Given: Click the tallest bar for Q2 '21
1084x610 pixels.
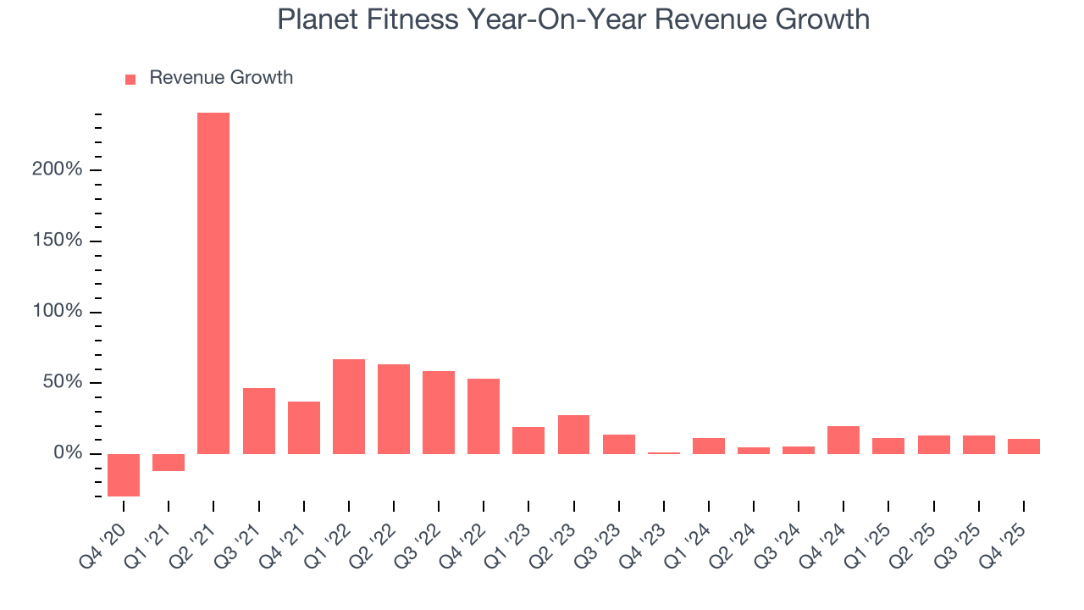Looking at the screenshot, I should (x=213, y=283).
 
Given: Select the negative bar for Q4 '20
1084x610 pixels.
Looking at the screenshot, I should (x=124, y=474).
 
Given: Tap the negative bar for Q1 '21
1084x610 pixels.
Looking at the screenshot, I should (x=169, y=463).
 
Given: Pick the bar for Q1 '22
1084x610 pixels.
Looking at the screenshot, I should (x=349, y=407).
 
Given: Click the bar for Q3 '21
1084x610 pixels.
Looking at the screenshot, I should (x=259, y=421).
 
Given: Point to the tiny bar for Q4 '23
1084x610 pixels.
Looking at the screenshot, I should (x=664, y=453).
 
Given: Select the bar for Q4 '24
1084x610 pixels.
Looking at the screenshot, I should (x=843, y=440).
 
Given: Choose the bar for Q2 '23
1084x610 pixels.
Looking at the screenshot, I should (x=573, y=435).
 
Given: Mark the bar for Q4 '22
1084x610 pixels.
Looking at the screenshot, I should (x=484, y=416).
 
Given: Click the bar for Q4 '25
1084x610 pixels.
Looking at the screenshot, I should (x=1024, y=446).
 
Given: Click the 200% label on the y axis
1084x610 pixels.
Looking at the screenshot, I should (x=57, y=169).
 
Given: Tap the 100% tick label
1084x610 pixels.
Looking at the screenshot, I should (x=57, y=312).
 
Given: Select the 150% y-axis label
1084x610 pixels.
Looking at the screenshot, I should (x=57, y=241).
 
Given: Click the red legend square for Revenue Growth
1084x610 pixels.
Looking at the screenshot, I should (x=130, y=79).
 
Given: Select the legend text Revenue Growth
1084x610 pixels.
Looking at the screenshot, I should (x=221, y=78).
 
